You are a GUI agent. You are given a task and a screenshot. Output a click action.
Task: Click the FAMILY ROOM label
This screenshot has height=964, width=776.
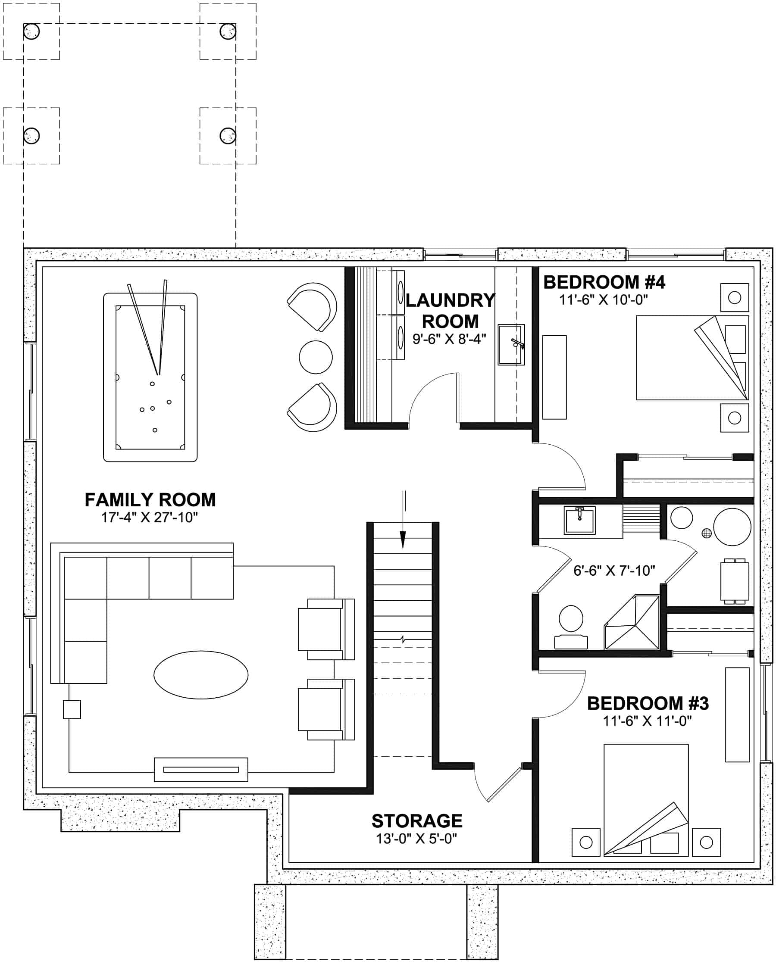pos(150,500)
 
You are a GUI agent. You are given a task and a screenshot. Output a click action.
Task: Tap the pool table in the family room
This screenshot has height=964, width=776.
pos(150,377)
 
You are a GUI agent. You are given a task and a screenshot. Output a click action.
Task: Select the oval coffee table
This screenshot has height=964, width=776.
pos(201,675)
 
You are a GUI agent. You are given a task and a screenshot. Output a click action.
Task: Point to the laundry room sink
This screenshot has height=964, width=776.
pos(511,344)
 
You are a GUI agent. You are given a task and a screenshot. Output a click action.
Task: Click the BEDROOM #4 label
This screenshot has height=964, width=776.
pos(604,282)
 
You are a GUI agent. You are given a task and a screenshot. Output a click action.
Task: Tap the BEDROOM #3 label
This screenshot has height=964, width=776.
pos(648,703)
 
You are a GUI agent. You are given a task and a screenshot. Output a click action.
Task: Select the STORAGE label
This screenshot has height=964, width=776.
pos(417,821)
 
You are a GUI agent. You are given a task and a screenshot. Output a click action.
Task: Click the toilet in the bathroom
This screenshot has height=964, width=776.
pos(571,622)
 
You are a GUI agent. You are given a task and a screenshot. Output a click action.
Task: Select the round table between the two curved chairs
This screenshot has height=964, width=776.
pos(316,357)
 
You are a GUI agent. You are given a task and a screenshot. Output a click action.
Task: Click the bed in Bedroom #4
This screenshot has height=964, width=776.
pos(692,358)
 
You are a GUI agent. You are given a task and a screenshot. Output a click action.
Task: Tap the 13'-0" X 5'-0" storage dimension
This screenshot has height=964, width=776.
pos(416,839)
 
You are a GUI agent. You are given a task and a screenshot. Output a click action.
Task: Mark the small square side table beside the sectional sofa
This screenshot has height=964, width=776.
pos(72,709)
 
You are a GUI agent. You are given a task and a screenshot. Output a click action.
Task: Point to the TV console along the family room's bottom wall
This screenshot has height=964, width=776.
pos(201,770)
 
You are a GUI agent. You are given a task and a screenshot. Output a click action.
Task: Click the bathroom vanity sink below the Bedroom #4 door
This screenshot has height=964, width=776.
pos(580,520)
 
